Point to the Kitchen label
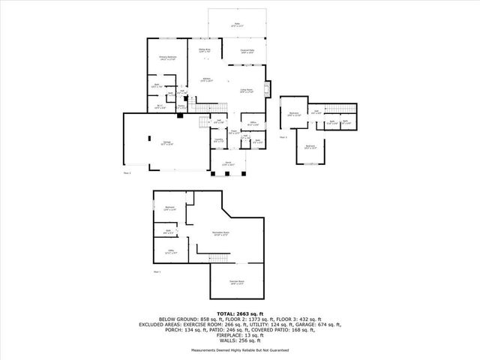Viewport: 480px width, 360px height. (207, 79)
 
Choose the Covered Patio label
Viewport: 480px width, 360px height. (247, 52)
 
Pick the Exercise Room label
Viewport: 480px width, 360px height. (238, 283)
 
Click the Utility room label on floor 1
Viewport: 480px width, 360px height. (170, 253)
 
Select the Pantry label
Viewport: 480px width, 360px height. (181, 106)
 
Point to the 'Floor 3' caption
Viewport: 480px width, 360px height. (283, 138)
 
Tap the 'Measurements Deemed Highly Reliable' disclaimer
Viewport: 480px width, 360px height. (240, 349)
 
